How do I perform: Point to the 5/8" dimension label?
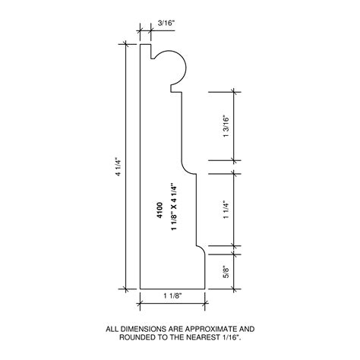(226, 269)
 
